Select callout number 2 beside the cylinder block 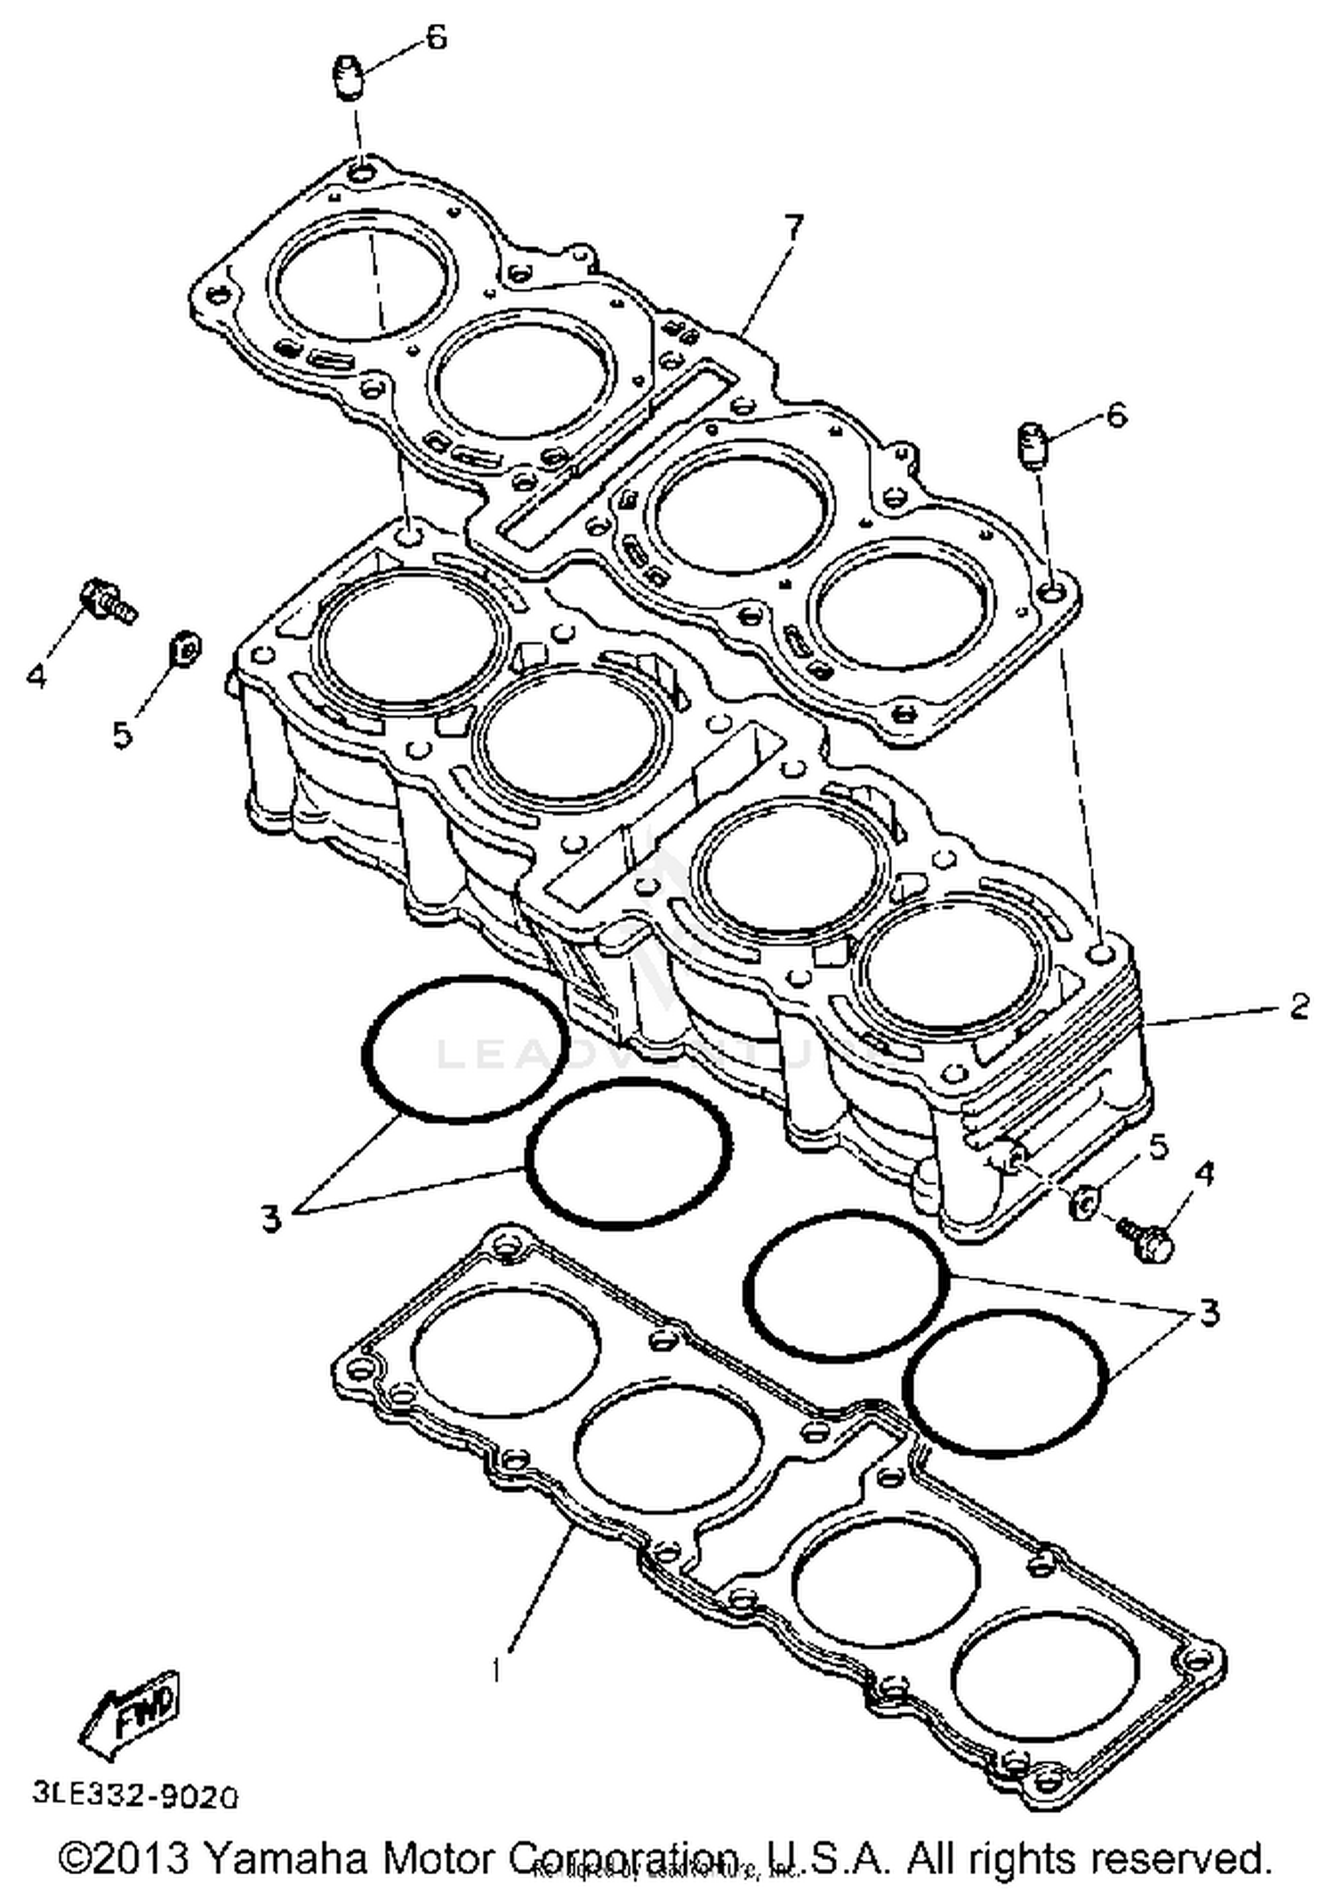[x=1299, y=1006]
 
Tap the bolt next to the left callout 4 [x=108, y=600]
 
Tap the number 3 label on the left [x=271, y=1217]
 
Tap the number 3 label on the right [x=1209, y=1312]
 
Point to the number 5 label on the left [x=123, y=734]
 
